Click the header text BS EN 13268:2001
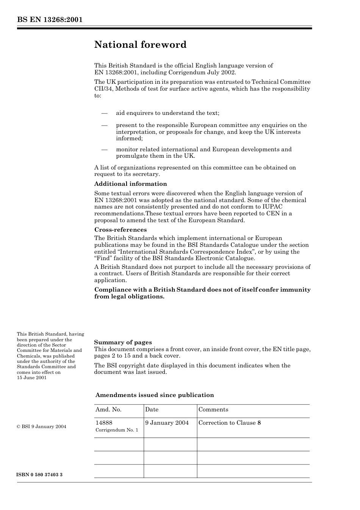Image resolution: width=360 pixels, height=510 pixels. pyautogui.click(x=50, y=20)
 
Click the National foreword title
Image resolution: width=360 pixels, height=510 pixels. pyautogui.click(x=140, y=45)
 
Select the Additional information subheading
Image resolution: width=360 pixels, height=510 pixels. pyautogui.click(x=130, y=184)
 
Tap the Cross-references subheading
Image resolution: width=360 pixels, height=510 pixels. pyautogui.click(x=120, y=230)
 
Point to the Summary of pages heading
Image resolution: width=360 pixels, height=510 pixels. pyautogui.click(x=123, y=342)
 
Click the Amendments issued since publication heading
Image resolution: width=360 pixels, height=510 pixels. pyautogui.click(x=154, y=395)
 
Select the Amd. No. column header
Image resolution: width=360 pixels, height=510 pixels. pyautogui.click(x=108, y=410)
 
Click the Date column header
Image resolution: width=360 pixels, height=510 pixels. pyautogui.click(x=152, y=410)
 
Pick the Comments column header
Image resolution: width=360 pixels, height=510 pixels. pyautogui.click(x=213, y=410)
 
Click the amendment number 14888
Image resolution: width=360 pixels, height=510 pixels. pyautogui.click(x=104, y=423)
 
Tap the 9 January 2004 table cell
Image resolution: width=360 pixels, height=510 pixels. pyautogui.click(x=167, y=423)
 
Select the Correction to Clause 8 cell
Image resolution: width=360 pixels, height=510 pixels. pyautogui.click(x=230, y=423)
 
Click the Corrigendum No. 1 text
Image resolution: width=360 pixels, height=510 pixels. pyautogui.click(x=117, y=430)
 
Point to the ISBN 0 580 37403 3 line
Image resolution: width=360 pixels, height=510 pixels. pyautogui.click(x=40, y=475)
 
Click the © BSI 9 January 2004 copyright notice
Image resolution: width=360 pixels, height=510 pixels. pyautogui.click(x=41, y=427)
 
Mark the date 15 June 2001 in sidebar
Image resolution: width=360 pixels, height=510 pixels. pyautogui.click(x=32, y=378)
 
